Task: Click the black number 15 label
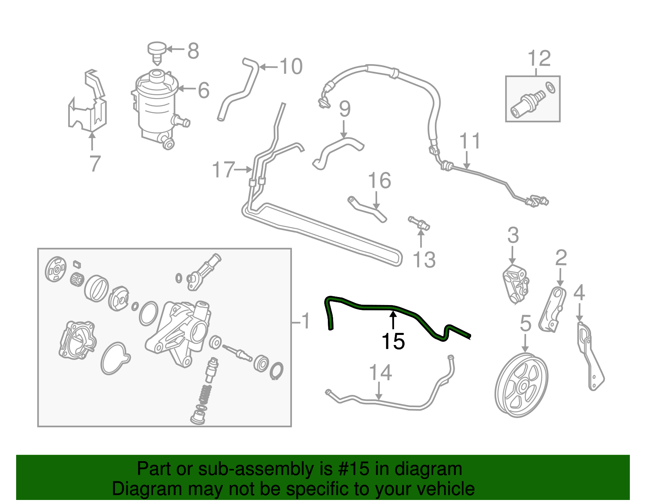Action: point(393,342)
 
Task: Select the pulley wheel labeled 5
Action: point(521,385)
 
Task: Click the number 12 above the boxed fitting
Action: point(539,59)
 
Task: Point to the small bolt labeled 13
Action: point(419,223)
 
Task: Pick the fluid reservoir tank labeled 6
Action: point(155,105)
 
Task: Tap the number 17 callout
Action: point(223,170)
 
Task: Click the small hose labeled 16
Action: point(367,208)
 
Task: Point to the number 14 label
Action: point(380,373)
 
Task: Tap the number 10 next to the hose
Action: point(291,67)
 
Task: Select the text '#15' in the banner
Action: point(351,469)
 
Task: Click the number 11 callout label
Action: point(470,141)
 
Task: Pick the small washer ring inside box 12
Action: point(550,87)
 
